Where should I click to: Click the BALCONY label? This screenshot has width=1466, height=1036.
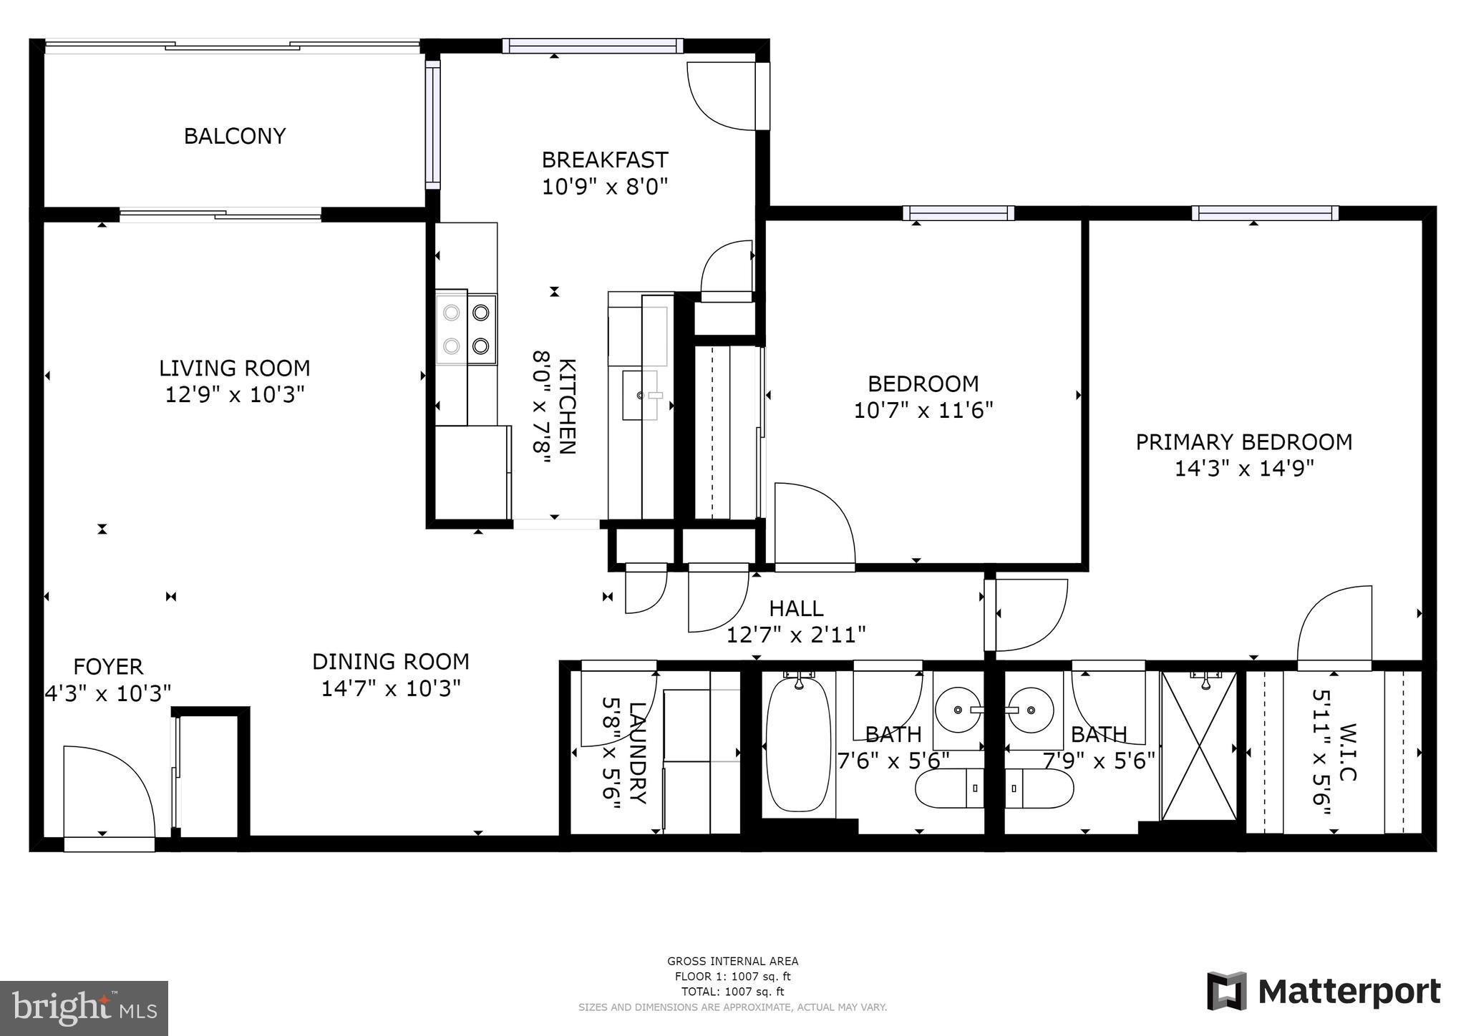pos(235,136)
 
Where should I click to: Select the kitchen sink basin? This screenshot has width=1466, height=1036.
pos(639,395)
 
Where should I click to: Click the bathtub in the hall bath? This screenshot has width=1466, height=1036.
pos(798,744)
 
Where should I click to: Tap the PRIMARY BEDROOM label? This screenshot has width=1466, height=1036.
pos(1243,442)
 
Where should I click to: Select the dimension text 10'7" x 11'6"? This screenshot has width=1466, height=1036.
pos(923,411)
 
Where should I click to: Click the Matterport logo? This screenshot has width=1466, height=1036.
pos(1324,992)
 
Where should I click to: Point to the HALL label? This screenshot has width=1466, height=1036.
pos(796,609)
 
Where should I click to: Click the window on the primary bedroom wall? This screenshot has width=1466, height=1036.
pos(1264,213)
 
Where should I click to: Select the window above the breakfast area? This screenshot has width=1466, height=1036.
pos(592,46)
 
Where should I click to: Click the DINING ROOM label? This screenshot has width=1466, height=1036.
pos(390,661)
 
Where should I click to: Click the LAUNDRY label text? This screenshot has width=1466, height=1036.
pos(637,753)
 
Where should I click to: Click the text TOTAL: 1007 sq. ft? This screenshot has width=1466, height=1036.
pos(732,992)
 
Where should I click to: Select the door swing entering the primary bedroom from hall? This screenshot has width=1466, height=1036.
pos(1031,615)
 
